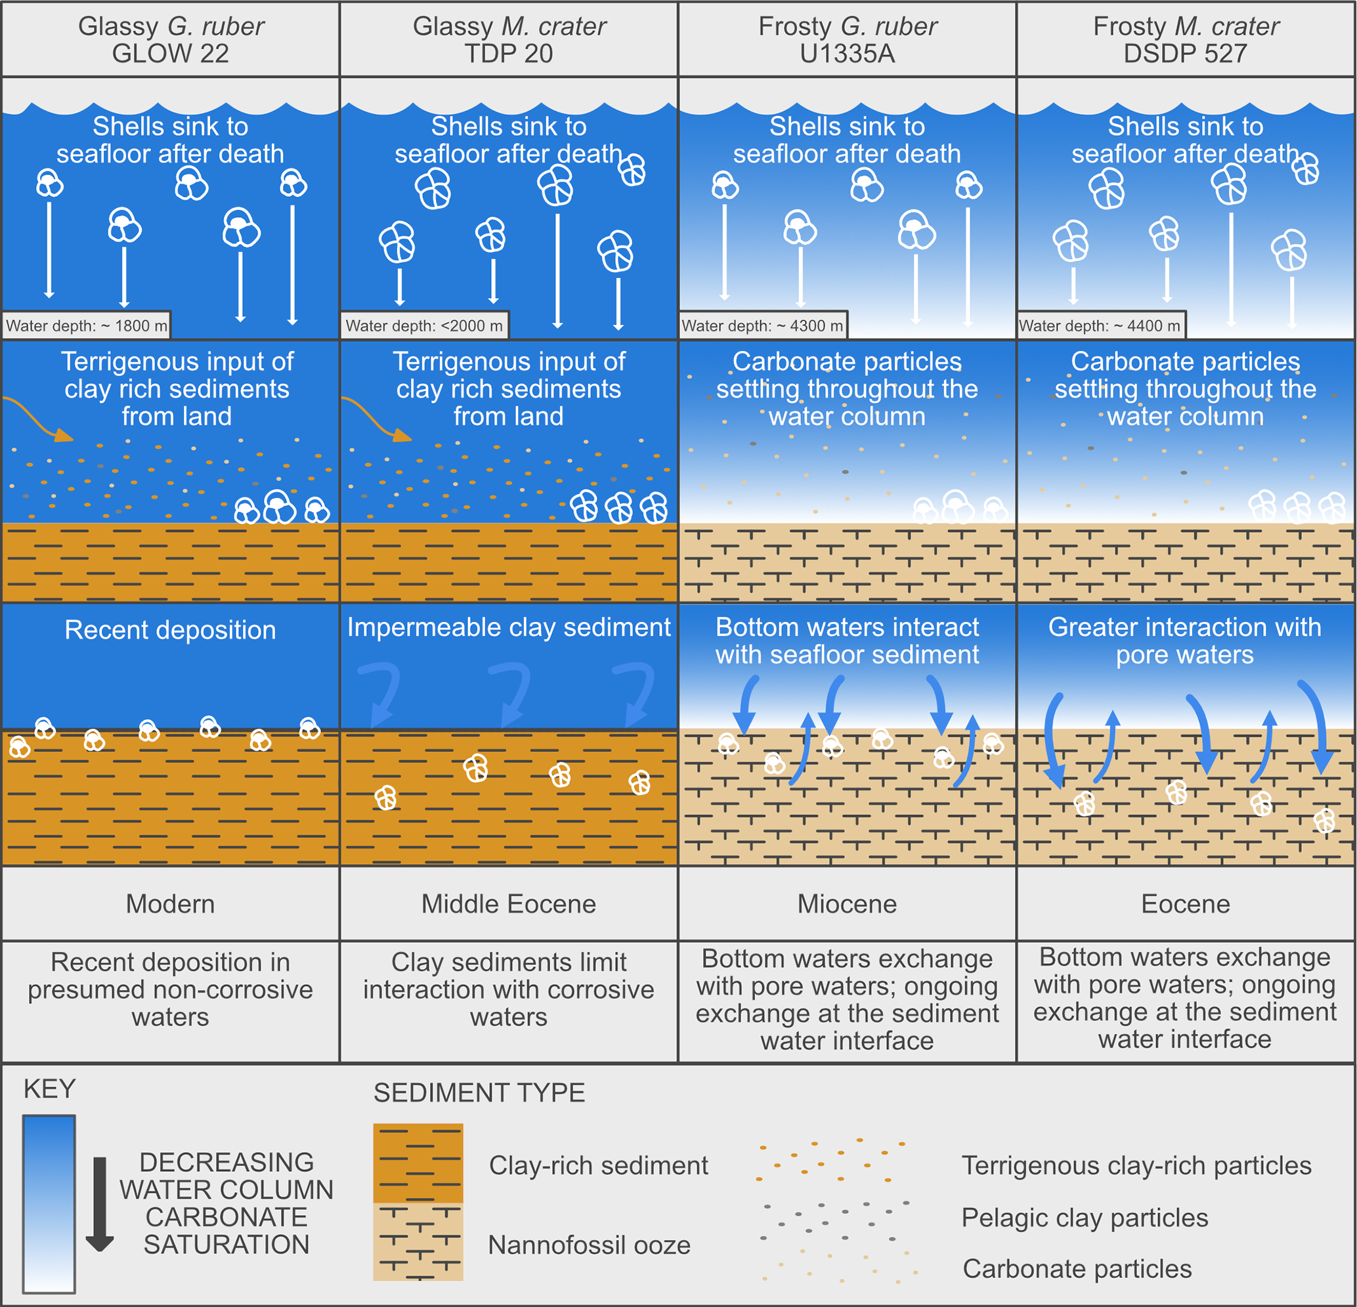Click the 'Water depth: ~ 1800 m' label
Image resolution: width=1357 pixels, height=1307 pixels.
tap(87, 325)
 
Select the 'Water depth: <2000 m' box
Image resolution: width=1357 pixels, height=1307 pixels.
tap(424, 325)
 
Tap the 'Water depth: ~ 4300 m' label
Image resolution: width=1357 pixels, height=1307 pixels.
tap(762, 325)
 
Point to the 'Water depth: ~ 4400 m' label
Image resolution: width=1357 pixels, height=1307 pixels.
tap(1100, 325)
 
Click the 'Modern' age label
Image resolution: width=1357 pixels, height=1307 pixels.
tap(170, 903)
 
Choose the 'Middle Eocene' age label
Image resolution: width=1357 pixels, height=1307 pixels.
tap(509, 903)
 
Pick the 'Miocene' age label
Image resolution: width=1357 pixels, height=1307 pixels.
tap(847, 903)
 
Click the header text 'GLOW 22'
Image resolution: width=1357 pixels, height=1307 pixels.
tap(170, 54)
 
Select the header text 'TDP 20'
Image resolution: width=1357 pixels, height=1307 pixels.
tap(509, 54)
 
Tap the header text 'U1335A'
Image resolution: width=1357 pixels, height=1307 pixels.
tap(847, 54)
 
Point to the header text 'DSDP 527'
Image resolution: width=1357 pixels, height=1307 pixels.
tap(1185, 54)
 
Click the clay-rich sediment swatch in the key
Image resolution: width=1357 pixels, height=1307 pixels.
tap(418, 1163)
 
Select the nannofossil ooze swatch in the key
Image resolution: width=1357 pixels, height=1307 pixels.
tap(418, 1241)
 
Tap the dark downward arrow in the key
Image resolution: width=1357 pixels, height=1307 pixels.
tap(100, 1203)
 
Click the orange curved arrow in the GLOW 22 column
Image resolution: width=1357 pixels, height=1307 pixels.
tap(38, 419)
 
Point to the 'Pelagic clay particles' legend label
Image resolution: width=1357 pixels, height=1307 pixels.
tap(1085, 1218)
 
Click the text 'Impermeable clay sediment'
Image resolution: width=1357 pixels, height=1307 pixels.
tap(509, 627)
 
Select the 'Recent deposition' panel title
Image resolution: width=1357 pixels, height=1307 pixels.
tap(170, 630)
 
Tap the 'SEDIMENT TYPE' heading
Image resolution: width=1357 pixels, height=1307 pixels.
tap(479, 1092)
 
